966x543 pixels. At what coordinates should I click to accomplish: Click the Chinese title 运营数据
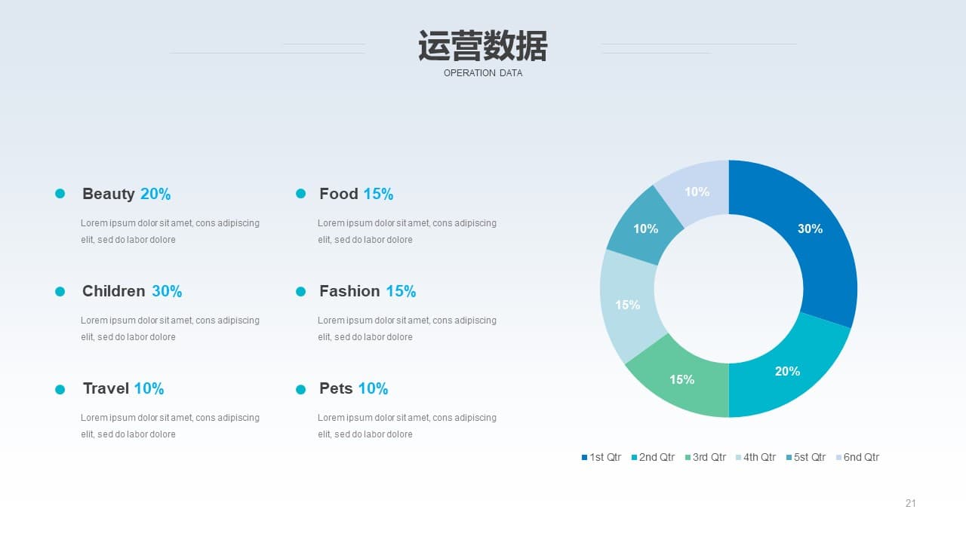483,46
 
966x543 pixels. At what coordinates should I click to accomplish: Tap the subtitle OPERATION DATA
483,73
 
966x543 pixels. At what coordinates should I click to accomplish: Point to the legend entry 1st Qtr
601,457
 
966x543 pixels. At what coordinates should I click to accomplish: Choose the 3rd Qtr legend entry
706,457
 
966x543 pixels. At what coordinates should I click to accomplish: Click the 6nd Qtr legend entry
858,457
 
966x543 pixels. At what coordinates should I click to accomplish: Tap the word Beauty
108,195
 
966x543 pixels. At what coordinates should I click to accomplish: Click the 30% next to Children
167,291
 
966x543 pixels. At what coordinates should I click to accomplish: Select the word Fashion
349,291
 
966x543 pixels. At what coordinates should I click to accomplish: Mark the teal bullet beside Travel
60,390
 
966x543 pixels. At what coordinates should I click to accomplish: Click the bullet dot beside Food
300,194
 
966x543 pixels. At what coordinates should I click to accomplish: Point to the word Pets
336,388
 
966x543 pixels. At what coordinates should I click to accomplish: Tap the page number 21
910,503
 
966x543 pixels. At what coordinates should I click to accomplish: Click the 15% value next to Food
378,194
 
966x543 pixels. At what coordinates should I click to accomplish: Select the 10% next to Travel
149,388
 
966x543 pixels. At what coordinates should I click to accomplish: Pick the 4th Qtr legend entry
755,457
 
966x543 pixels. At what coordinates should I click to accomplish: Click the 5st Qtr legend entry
806,457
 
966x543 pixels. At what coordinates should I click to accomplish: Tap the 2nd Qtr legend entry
653,457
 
